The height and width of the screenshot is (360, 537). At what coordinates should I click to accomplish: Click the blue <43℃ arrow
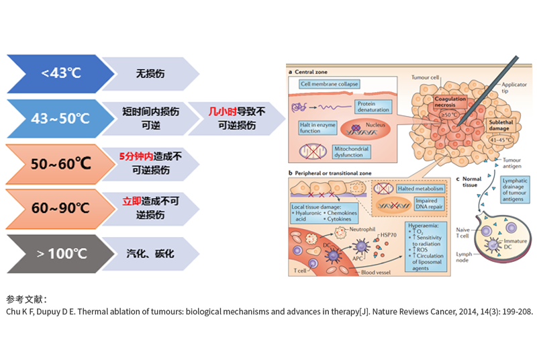(57, 73)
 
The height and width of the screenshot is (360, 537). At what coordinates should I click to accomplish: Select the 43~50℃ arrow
(57, 118)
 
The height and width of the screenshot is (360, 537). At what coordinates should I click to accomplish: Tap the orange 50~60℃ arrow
(57, 162)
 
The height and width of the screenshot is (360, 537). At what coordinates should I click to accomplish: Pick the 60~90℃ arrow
(57, 207)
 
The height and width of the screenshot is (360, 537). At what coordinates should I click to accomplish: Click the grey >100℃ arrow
(57, 253)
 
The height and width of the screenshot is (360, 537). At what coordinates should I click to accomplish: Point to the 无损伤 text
(150, 73)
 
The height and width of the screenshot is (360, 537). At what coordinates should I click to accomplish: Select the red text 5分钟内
(134, 156)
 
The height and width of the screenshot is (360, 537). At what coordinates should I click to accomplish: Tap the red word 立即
(132, 201)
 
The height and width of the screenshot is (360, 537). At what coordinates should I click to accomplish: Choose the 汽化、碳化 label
(150, 253)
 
